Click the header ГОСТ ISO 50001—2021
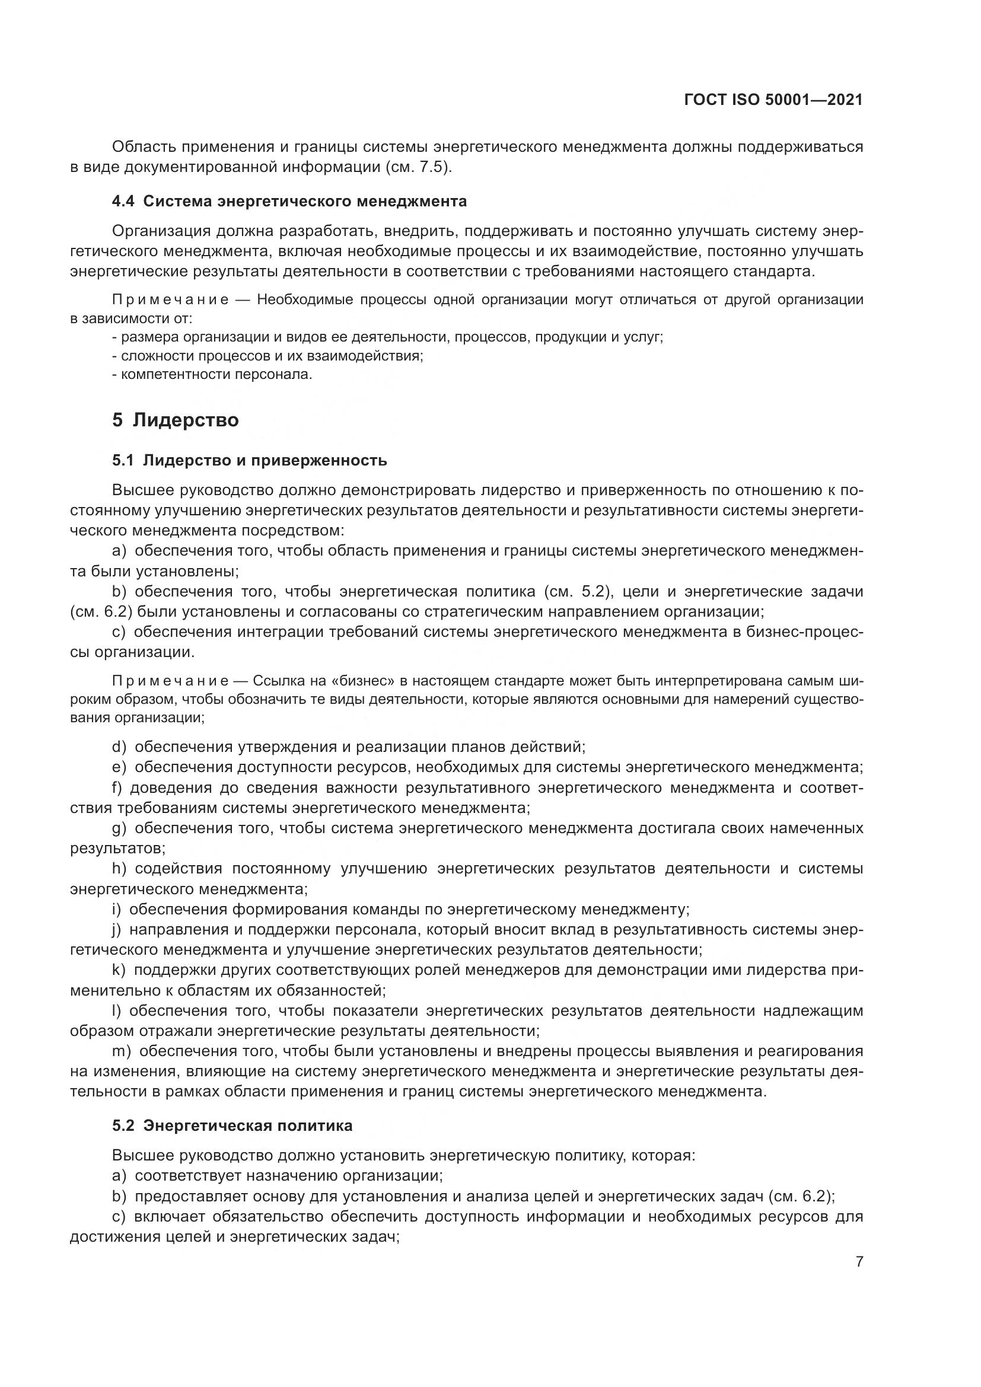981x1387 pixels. (773, 100)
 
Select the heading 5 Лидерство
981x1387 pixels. (175, 420)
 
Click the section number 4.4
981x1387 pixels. (123, 201)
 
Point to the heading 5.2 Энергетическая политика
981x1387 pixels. (232, 1125)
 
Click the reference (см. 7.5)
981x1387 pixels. (418, 167)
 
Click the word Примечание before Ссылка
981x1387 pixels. (170, 681)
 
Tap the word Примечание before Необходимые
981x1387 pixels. (170, 299)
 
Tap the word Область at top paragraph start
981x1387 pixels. (142, 147)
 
